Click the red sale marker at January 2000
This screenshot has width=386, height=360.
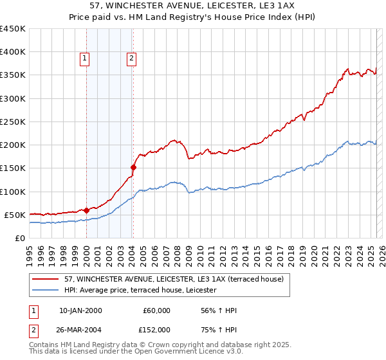tap(86, 210)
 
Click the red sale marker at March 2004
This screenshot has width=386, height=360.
tap(133, 167)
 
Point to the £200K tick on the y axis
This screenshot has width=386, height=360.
tap(13, 145)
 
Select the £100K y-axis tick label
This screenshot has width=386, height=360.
tap(13, 192)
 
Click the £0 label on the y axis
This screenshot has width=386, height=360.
tap(19, 238)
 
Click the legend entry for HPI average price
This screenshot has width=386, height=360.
tap(140, 291)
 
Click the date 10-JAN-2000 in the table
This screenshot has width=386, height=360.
tap(80, 310)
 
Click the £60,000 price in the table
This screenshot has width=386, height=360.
tap(156, 310)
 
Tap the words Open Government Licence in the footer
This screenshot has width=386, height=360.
tap(182, 352)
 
